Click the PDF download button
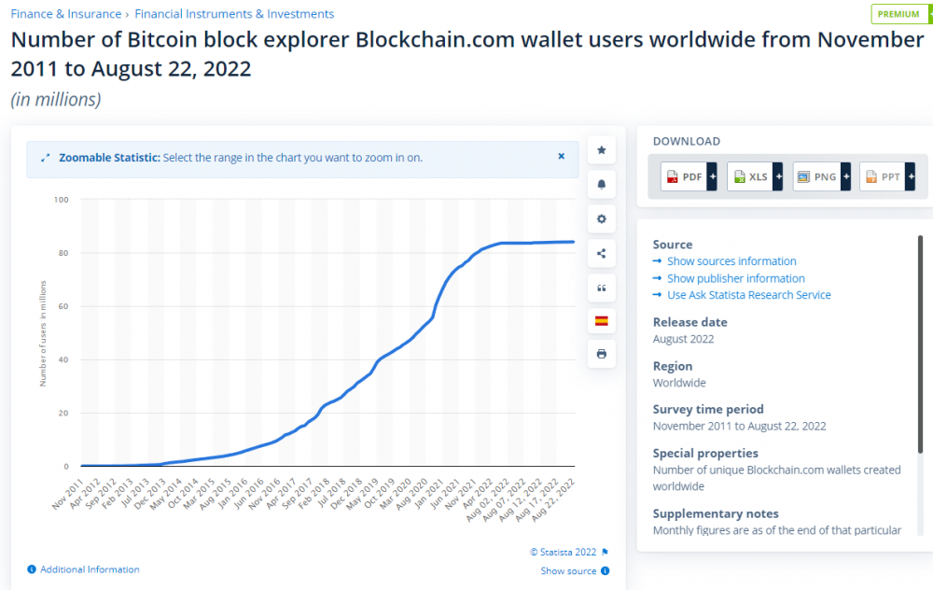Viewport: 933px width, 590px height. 689,176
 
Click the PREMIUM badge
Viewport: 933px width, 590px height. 898,14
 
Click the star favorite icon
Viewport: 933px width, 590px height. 602,150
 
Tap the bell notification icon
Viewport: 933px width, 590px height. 602,185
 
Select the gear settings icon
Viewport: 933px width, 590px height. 602,218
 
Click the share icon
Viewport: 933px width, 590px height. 602,253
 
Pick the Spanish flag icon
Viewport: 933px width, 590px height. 602,320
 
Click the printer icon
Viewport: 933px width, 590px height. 602,355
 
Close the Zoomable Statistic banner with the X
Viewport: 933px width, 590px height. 562,157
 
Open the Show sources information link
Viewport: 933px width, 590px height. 731,261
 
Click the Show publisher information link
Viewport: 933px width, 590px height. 735,278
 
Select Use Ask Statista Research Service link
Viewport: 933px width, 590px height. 748,295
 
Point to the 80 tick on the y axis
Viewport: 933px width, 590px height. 62,253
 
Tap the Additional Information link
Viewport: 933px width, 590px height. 90,569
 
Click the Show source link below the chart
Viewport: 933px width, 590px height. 568,571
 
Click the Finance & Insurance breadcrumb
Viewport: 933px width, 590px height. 65,14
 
